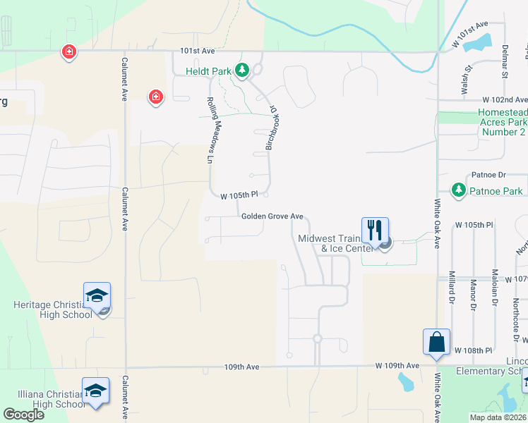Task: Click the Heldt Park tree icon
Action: [242, 70]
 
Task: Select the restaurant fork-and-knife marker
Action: [374, 230]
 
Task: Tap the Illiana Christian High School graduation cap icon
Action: [95, 391]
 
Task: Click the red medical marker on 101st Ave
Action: [68, 51]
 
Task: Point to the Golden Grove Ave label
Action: [272, 216]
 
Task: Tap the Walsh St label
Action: [467, 73]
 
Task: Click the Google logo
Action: [23, 415]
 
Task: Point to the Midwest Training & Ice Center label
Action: [335, 243]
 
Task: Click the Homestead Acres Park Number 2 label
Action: [502, 122]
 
